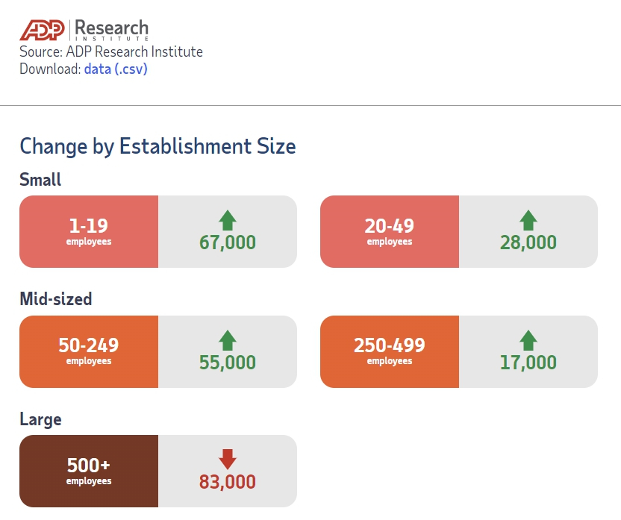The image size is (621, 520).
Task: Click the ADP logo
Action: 43,29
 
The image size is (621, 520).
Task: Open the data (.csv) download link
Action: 116,69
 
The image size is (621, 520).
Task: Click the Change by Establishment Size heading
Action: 157,145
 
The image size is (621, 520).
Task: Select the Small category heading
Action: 40,180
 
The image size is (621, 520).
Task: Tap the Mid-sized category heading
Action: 56,299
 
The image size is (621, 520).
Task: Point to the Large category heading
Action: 40,419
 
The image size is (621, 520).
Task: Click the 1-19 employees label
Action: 89,231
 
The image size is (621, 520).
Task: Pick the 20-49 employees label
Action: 389,231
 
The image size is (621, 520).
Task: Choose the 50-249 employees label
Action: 89,351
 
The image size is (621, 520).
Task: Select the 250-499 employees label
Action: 389,351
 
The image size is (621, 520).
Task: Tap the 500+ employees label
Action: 89,470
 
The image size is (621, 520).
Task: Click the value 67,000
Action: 228,242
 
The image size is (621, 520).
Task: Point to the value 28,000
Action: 528,242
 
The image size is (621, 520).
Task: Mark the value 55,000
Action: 228,363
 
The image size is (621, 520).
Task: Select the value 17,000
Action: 528,363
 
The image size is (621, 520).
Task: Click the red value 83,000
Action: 228,482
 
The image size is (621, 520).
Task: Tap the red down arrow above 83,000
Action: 228,459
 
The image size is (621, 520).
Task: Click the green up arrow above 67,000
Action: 228,220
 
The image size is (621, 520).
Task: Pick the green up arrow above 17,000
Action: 528,340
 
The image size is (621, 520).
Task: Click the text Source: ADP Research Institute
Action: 111,52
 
